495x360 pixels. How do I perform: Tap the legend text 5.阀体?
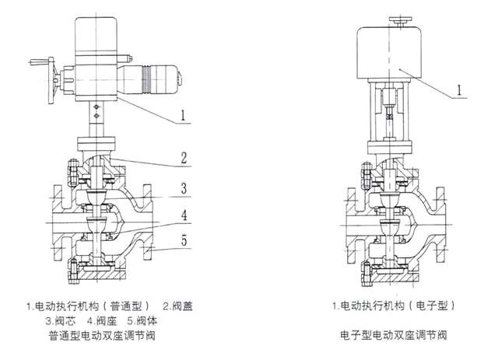click(x=144, y=320)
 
